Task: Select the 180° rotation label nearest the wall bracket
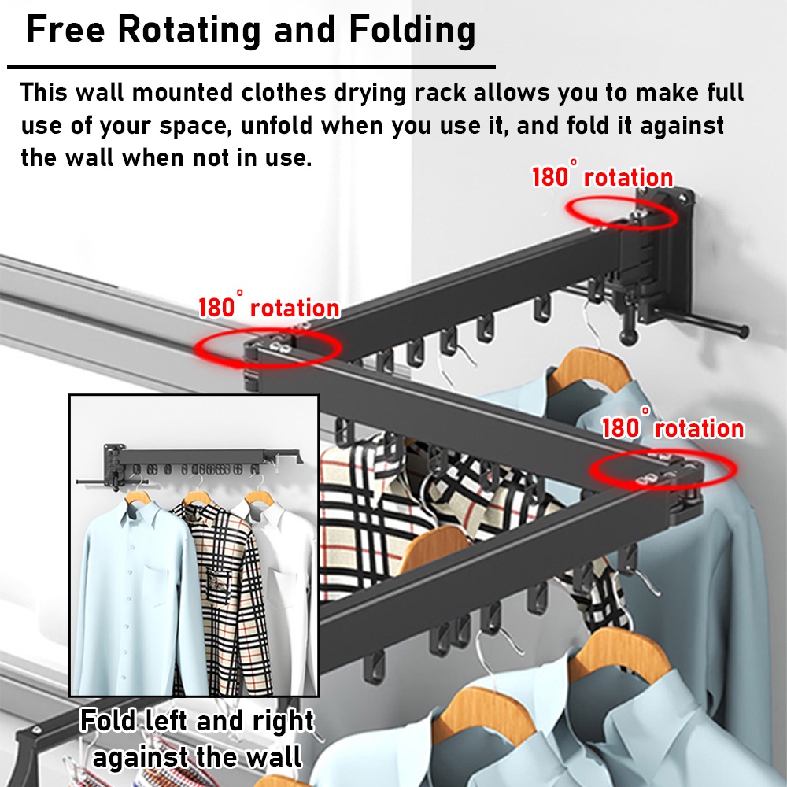pyautogui.click(x=602, y=177)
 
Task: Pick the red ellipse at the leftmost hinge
pyautogui.click(x=268, y=346)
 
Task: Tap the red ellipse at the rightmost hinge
pyautogui.click(x=663, y=469)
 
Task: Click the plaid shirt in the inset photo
pyautogui.click(x=211, y=582)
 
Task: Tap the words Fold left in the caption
pyautogui.click(x=135, y=722)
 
